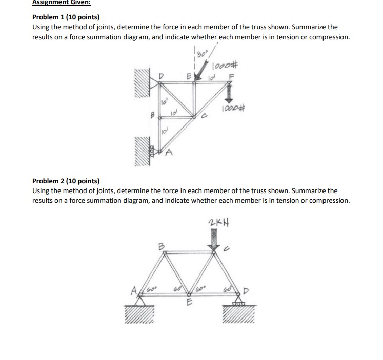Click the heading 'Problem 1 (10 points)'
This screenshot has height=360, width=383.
(x=66, y=17)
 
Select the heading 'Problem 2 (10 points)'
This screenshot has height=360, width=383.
(x=66, y=181)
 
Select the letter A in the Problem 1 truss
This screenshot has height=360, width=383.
(x=168, y=152)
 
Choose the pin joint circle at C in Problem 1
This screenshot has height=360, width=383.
(x=194, y=117)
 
